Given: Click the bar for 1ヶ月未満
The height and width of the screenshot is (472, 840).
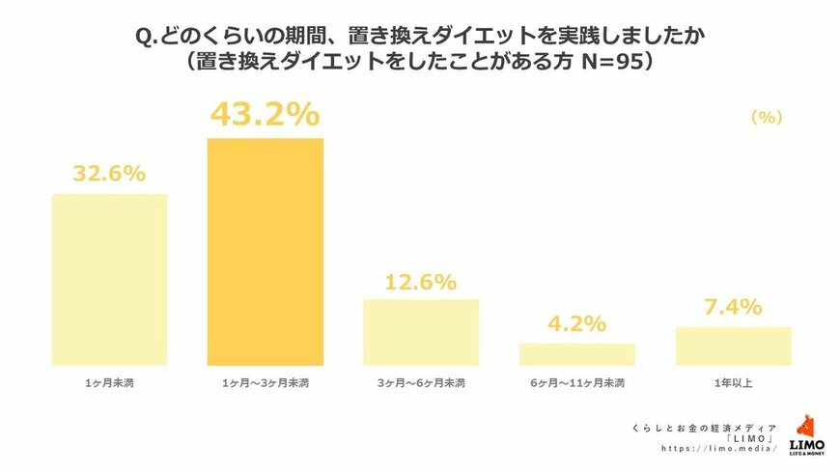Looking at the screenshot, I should (x=109, y=280).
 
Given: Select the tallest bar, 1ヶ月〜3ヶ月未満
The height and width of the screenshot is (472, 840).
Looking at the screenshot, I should (x=266, y=251).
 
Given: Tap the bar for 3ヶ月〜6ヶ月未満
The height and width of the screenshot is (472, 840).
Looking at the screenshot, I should (x=421, y=332).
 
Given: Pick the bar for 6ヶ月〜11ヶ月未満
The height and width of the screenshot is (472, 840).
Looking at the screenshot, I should (x=577, y=354).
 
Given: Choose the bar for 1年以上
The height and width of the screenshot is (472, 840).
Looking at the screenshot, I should (x=733, y=346).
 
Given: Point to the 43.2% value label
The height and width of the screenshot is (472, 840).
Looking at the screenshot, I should (x=265, y=115).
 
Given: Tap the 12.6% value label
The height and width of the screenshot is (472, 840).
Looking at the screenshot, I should (x=420, y=282).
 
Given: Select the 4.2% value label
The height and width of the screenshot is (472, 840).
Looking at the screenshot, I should (x=577, y=324).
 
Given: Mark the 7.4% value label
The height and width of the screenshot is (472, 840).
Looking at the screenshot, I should (x=733, y=308).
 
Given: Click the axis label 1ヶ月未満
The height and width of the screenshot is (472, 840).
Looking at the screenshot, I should (x=109, y=383).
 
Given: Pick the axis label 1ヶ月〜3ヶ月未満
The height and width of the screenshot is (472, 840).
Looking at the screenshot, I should (x=265, y=383).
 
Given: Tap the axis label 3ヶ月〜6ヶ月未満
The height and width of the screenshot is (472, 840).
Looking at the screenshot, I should (x=421, y=383).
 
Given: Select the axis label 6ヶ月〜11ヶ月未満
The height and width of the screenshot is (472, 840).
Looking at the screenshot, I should (x=577, y=383).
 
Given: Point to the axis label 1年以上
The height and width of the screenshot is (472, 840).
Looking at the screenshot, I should (x=733, y=383).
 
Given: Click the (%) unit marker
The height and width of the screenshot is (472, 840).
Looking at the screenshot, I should (x=766, y=117).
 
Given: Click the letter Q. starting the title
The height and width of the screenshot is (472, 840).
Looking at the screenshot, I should (x=146, y=36).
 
